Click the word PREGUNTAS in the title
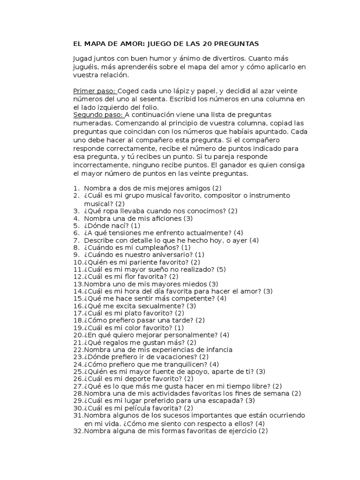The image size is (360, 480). pos(237,44)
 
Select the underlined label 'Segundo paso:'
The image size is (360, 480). pos(97,115)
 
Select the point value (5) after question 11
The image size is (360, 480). pos(221,269)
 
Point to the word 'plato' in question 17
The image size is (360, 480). pos(138,313)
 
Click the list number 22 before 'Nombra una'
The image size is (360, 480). pos(78,349)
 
